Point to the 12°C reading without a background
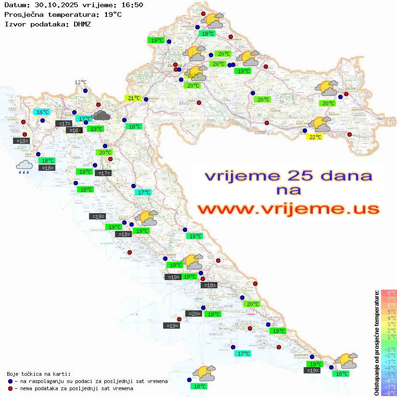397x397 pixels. (x=80, y=82)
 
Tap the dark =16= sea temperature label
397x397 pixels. (x=75, y=130)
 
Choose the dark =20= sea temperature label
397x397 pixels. (x=194, y=313)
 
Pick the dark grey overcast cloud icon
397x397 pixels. (x=101, y=115)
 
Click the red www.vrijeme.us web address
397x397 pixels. (x=288, y=209)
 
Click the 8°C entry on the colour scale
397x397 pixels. (x=389, y=293)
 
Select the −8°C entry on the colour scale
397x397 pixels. (x=388, y=393)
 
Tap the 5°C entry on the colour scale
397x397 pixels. (x=389, y=311)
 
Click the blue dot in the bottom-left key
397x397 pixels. (x=10, y=381)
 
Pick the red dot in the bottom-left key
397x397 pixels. (x=10, y=388)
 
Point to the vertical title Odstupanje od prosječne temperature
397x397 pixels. (x=376, y=343)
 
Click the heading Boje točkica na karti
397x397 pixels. (x=38, y=374)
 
